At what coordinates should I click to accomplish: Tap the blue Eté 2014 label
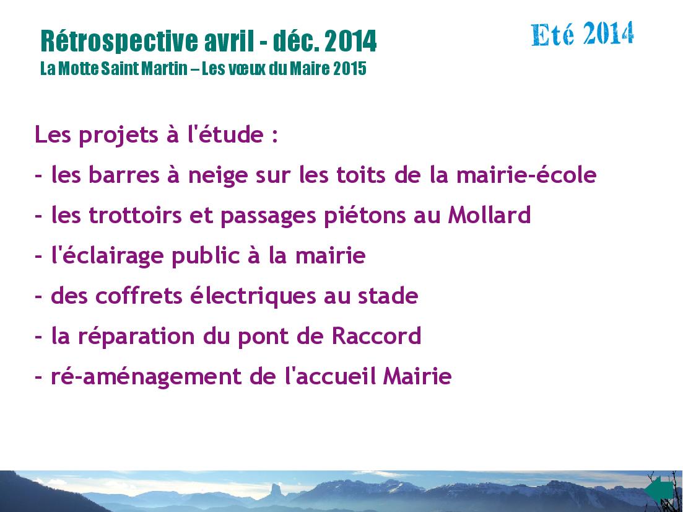(x=583, y=33)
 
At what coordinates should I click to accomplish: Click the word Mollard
(x=489, y=214)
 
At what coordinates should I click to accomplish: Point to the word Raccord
(x=376, y=336)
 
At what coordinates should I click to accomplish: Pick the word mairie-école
(x=526, y=174)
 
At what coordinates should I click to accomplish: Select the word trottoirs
(x=135, y=215)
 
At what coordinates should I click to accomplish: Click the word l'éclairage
(x=107, y=256)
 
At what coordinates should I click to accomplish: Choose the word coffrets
(x=139, y=295)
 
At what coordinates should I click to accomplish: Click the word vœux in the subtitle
(x=248, y=68)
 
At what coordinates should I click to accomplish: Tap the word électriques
(x=253, y=296)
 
